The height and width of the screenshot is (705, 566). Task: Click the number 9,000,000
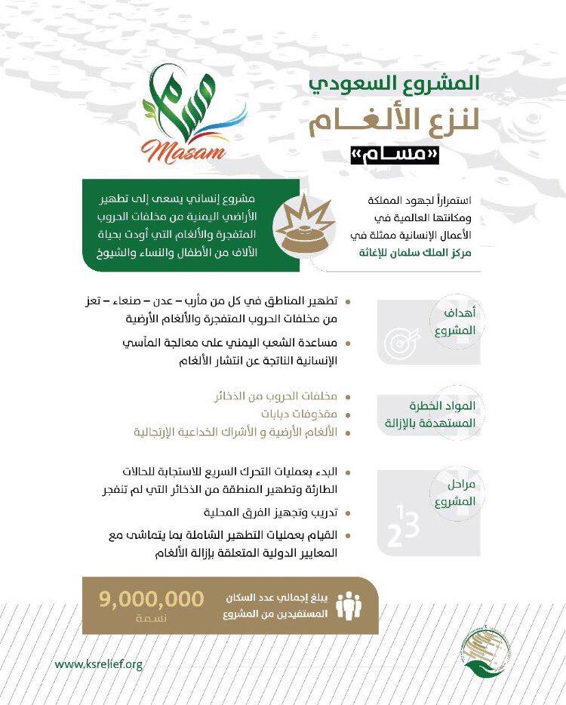coord(151,599)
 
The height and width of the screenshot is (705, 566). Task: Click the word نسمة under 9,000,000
coord(151,617)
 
